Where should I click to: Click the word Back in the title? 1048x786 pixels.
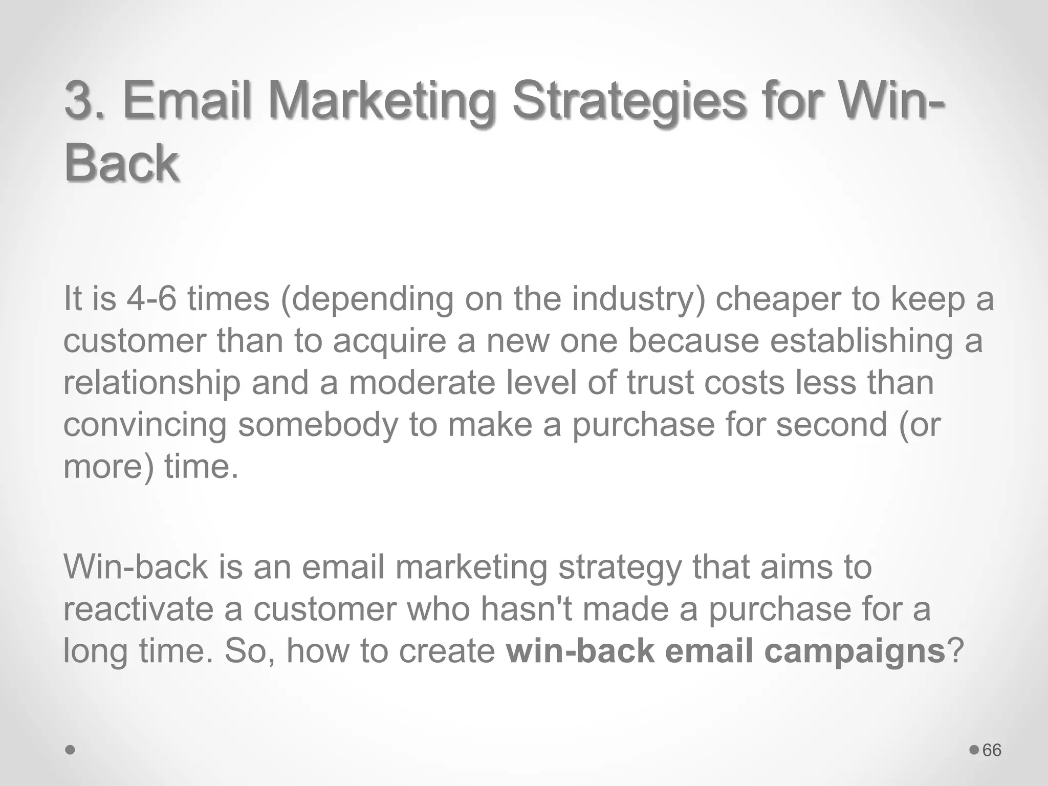[x=121, y=163]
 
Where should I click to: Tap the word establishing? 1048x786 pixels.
[x=862, y=341]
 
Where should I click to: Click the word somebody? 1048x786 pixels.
[x=318, y=425]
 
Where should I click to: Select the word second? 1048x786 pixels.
[x=831, y=424]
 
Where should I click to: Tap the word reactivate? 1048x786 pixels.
[x=138, y=609]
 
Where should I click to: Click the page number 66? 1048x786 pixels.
[x=992, y=750]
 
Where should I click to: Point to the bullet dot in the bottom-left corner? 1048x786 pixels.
[x=71, y=750]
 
